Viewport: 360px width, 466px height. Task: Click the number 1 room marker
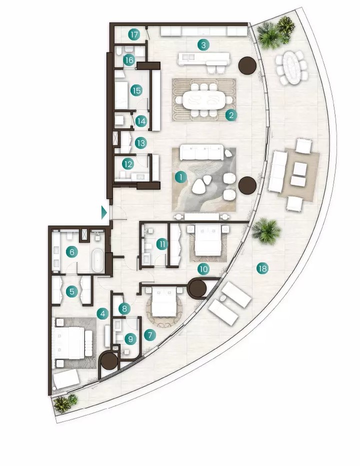coord(180,177)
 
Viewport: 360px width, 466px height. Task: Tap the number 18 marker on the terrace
coord(262,268)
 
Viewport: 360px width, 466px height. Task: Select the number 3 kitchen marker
coord(203,45)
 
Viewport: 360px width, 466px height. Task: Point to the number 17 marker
coord(134,35)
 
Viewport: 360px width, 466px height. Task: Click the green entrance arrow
coord(104,212)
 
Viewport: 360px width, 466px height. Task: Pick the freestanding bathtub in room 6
coord(97,260)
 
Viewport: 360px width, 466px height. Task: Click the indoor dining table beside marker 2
coord(203,100)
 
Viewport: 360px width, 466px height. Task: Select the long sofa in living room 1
coord(202,152)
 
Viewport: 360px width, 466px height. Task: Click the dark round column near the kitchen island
coord(247,65)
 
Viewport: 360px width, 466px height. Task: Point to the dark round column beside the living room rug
coord(247,185)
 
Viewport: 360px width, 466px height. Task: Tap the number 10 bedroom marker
coord(203,269)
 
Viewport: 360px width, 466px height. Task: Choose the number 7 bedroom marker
coord(150,335)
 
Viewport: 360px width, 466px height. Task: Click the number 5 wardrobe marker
coord(71,291)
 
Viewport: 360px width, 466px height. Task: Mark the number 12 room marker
coord(128,164)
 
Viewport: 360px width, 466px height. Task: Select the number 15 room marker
coord(136,90)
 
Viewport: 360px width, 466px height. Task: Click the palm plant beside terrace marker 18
coord(266,231)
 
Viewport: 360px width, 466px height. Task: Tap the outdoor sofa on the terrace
coord(277,171)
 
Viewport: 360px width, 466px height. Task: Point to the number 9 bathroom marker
coord(130,339)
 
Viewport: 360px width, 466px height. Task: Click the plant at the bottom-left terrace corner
coord(65,403)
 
